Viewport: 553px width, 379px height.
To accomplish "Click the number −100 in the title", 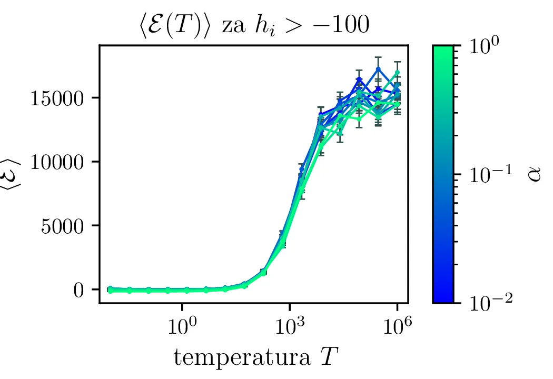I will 343,25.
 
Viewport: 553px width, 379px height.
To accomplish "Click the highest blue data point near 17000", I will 378,69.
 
